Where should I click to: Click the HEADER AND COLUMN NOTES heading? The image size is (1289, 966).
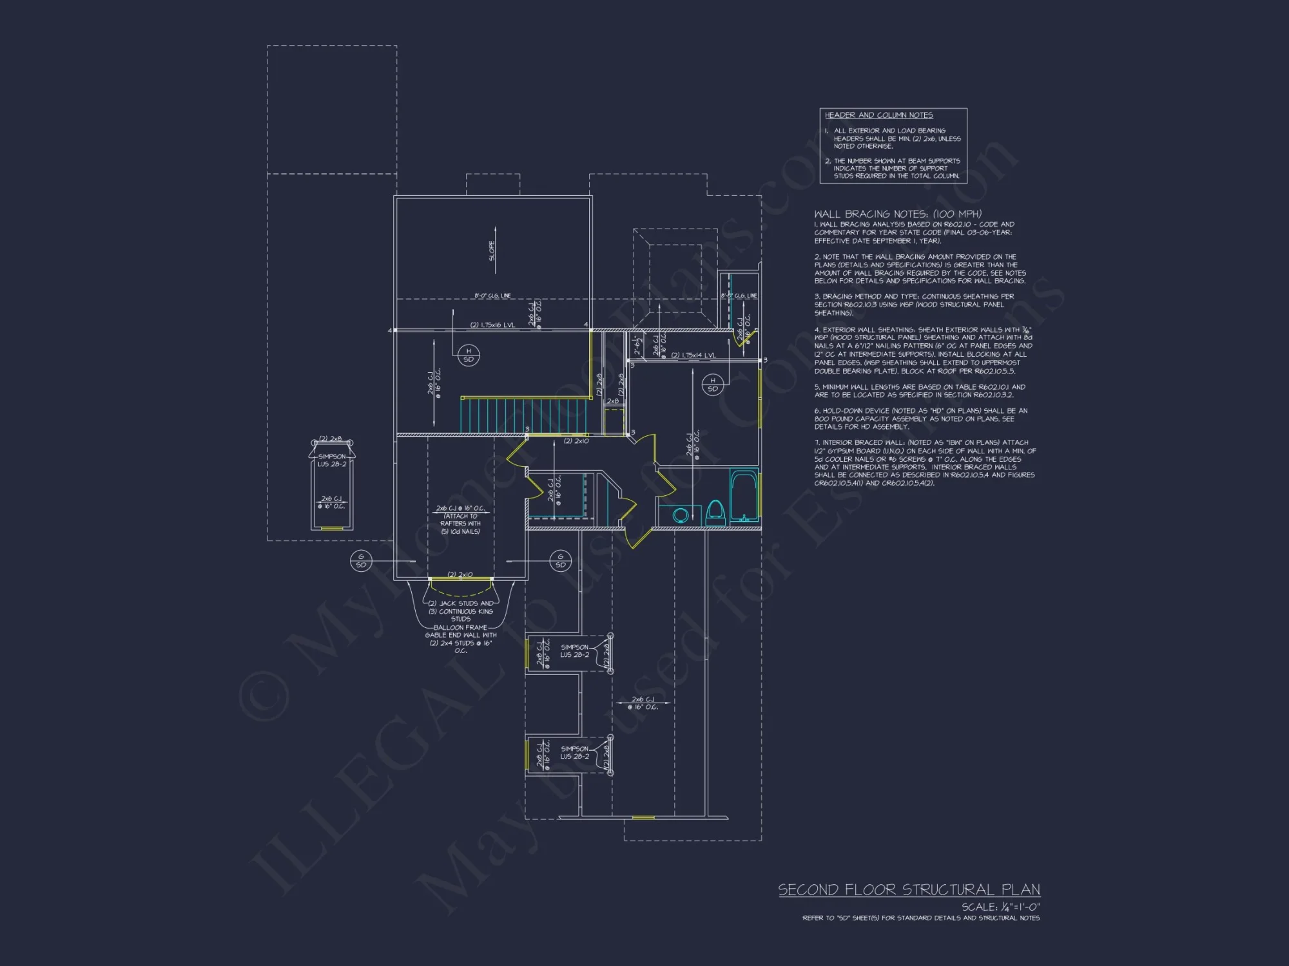[x=878, y=115]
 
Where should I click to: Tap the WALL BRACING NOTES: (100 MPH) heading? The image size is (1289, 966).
[x=897, y=214]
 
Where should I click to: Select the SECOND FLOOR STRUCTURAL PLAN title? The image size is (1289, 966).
[x=909, y=890]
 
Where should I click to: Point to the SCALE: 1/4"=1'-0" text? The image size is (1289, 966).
[x=1000, y=907]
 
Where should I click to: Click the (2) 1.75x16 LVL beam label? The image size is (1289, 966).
[x=492, y=325]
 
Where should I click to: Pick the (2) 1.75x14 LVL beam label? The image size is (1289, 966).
[x=693, y=355]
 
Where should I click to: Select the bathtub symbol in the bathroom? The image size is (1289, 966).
[x=744, y=497]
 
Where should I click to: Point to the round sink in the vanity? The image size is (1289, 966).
[x=680, y=515]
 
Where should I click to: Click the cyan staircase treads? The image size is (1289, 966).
[x=523, y=416]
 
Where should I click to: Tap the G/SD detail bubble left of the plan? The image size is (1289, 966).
[x=361, y=560]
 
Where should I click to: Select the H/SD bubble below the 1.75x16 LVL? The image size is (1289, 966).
[x=469, y=355]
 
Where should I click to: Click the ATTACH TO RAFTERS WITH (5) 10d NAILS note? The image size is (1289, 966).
[x=460, y=524]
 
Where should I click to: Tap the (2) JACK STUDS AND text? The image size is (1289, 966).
[x=460, y=603]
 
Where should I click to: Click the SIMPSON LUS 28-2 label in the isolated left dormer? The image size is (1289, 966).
[x=332, y=460]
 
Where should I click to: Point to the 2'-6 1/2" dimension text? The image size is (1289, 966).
[x=638, y=345]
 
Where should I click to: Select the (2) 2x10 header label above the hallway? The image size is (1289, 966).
[x=576, y=441]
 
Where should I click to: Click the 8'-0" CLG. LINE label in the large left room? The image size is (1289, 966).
[x=492, y=296]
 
